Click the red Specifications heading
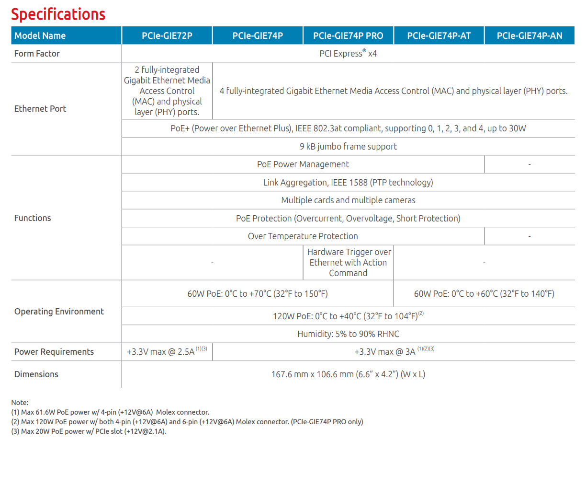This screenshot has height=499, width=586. [x=58, y=14]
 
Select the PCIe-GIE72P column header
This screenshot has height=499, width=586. [x=167, y=35]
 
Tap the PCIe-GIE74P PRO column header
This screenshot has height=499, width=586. [x=348, y=35]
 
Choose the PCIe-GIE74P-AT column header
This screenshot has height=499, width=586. [x=439, y=35]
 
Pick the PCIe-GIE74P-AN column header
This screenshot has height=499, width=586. [x=529, y=35]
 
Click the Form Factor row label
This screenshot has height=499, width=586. [x=37, y=54]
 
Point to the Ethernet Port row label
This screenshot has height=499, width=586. [x=40, y=109]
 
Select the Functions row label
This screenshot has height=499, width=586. [x=33, y=218]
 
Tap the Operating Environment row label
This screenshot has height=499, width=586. [x=59, y=312]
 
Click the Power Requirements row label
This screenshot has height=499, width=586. [x=54, y=352]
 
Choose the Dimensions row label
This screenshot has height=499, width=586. [x=36, y=374]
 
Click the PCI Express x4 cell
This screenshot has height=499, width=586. [x=348, y=54]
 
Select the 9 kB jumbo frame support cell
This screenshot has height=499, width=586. [x=348, y=147]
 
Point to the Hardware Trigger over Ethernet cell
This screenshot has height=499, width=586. [x=348, y=263]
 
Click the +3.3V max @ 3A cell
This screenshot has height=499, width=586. [x=394, y=352]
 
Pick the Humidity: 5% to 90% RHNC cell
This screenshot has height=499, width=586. [x=348, y=334]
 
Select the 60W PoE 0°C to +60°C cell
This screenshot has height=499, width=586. [x=484, y=294]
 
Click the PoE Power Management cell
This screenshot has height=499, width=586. [x=303, y=164]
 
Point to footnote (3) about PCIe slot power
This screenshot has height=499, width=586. [x=89, y=431]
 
